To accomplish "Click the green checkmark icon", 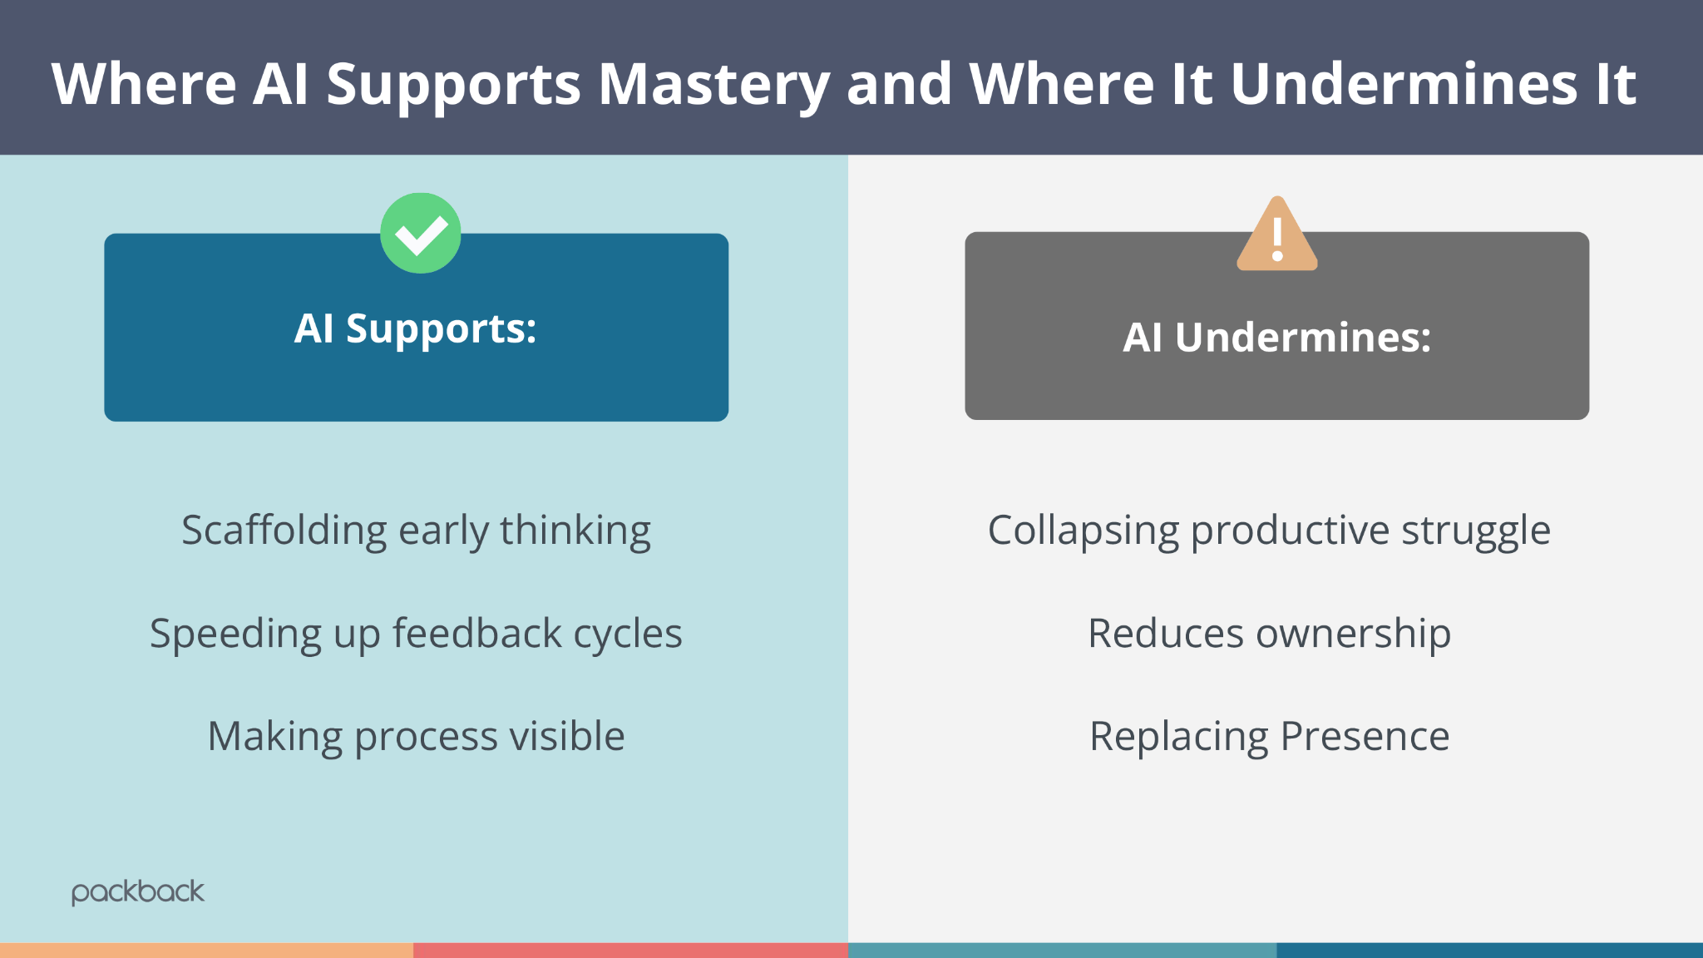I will coord(421,234).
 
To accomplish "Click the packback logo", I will coord(138,892).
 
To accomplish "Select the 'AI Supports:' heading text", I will coord(416,328).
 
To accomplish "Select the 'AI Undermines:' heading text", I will coord(1277,338).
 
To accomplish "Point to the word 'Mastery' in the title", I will coord(713,85).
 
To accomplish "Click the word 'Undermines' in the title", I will coord(1404,85).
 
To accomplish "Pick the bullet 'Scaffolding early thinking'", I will coord(416,531).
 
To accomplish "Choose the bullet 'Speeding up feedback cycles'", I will coord(416,634).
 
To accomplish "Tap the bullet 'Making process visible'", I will coord(416,737).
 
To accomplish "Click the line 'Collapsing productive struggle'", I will coord(1269,531).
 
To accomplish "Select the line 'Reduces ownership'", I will coord(1269,634).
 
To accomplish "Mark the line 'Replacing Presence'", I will coord(1269,737).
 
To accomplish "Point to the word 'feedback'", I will coord(477,634).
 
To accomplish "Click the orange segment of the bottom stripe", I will coord(206,951).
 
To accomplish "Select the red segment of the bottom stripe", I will coord(630,951).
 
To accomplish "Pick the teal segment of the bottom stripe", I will coord(1062,951).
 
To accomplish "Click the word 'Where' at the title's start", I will coord(144,85).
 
